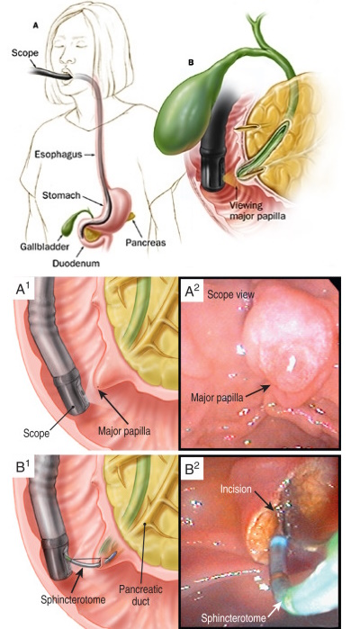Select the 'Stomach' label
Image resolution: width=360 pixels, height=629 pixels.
pos(61,195)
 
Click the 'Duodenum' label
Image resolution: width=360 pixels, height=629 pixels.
pos(76,263)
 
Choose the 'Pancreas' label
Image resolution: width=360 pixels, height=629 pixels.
pos(145,242)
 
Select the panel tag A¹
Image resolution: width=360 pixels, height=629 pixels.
pos(24,291)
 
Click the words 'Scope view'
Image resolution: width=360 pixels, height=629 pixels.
pos(230,295)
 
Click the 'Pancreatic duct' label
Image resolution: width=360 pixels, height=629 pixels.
pos(140,595)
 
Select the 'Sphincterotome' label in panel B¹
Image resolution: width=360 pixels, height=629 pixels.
pos(73,599)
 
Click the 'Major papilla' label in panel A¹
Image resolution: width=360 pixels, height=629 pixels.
pos(124,433)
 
